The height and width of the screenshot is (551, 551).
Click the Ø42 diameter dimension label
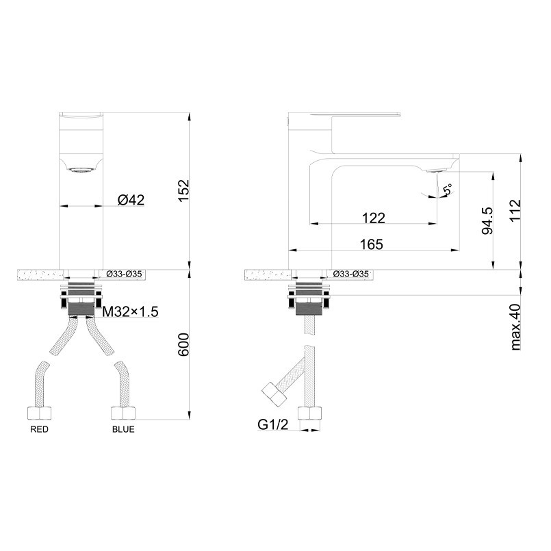(x=131, y=200)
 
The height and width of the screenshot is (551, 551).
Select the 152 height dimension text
(x=183, y=190)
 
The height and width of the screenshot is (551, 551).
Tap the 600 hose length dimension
(x=183, y=344)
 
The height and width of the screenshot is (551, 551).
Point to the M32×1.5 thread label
(x=130, y=311)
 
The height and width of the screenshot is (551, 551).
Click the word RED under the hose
(x=40, y=429)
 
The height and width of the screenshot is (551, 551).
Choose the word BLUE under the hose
(x=123, y=429)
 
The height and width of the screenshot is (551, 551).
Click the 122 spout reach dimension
(x=374, y=218)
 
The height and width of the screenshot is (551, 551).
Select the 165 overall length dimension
(x=372, y=244)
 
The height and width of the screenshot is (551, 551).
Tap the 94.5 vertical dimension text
(x=487, y=220)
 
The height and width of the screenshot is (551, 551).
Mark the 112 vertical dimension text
(x=515, y=210)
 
